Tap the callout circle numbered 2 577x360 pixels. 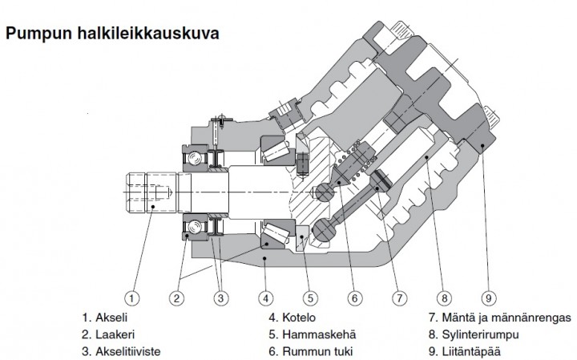tap(177, 297)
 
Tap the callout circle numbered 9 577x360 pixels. tap(487, 297)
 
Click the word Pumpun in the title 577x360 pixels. tap(38, 35)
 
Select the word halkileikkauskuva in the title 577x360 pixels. tap(147, 35)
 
